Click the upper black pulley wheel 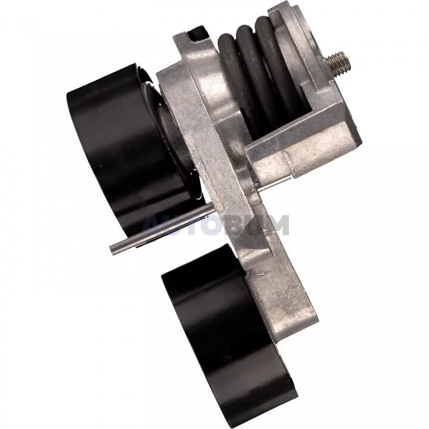tap(131, 153)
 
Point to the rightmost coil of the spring tap(276, 63)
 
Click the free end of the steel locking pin tap(112, 249)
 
